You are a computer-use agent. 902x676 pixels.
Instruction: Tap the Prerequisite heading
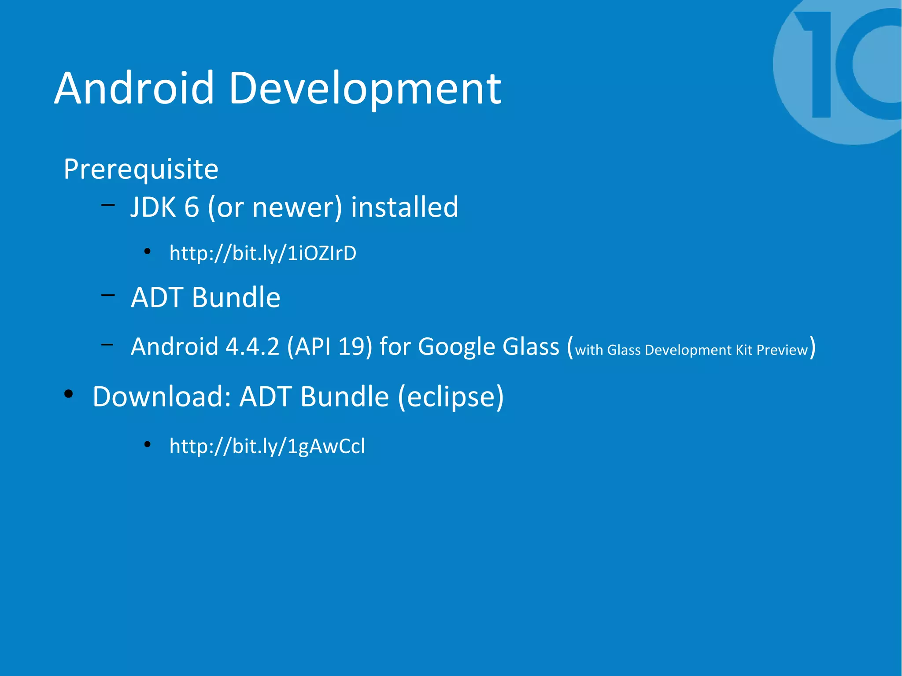coord(141,169)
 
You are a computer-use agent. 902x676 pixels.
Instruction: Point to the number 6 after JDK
coord(192,207)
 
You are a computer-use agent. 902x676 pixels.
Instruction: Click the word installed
coord(404,207)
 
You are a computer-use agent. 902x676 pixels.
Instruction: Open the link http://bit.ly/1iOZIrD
coord(263,253)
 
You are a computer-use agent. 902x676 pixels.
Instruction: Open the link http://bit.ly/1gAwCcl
coord(267,446)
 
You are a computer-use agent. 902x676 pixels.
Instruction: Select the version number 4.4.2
coord(252,347)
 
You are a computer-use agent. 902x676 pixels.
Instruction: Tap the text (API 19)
coord(330,347)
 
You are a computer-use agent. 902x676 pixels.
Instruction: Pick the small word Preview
coord(782,350)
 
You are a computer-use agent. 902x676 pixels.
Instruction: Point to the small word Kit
coord(744,350)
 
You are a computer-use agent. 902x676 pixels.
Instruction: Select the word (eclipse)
coord(451,396)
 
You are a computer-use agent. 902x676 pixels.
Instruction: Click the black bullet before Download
coord(69,394)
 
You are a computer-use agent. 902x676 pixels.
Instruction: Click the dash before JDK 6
coord(108,204)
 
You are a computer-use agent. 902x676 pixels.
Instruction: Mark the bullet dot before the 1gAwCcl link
coord(148,444)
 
